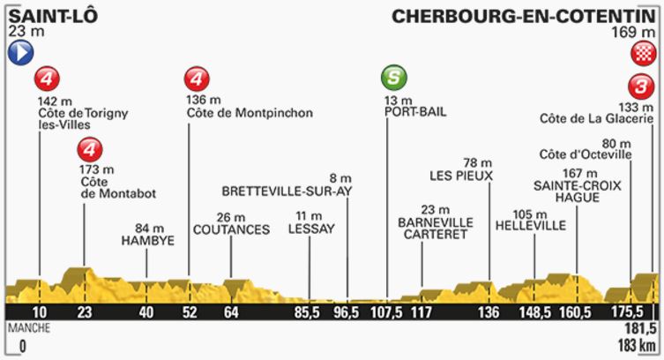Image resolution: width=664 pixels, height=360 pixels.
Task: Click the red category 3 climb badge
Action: (641, 86)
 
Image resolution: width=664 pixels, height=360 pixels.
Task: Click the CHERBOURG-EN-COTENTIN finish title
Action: (524, 15)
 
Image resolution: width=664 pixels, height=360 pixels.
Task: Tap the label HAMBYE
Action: (147, 239)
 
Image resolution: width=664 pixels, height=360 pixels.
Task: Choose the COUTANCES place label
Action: (230, 229)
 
